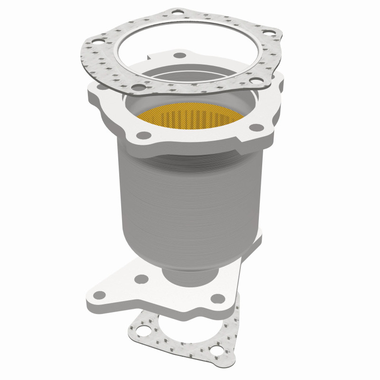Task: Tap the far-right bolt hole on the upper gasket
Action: pyautogui.click(x=266, y=33)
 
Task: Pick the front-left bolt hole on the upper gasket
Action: pyautogui.click(x=137, y=88)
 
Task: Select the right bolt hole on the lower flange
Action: pyautogui.click(x=218, y=298)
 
